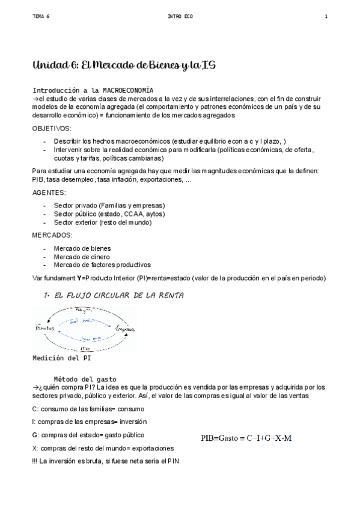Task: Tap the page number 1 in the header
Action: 326,16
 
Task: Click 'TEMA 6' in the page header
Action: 41,16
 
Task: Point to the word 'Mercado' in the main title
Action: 105,65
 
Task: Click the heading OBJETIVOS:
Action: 52,129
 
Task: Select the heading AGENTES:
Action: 49,192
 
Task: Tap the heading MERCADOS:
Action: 52,235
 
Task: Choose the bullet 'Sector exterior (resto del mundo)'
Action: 103,222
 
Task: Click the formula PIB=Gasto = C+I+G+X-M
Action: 246,438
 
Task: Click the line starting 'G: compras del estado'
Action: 88,435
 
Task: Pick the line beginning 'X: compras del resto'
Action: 103,448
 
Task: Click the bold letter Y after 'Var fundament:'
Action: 79,278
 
